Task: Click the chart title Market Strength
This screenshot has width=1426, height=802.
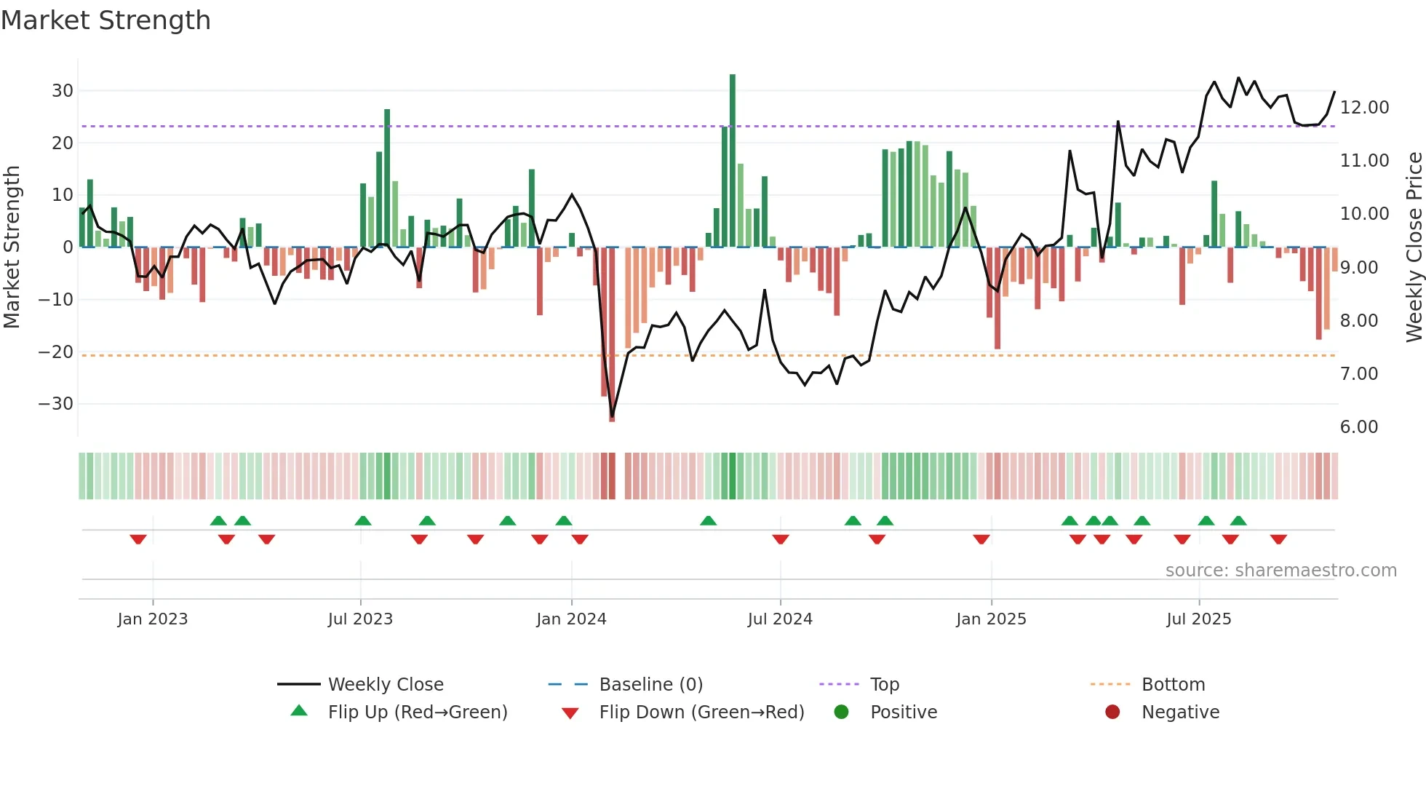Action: [105, 20]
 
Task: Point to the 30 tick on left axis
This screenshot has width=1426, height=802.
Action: [63, 91]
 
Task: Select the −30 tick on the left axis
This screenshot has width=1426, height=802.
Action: [56, 404]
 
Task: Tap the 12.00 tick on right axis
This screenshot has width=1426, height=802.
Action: [1364, 108]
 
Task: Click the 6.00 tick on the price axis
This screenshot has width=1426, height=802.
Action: [1358, 427]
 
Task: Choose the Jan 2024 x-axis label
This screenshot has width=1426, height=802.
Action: [571, 619]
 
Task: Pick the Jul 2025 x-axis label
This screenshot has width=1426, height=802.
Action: [1198, 619]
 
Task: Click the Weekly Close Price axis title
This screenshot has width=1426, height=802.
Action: [1414, 247]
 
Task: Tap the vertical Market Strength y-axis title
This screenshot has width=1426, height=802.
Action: [12, 247]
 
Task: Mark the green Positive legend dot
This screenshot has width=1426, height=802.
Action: [841, 712]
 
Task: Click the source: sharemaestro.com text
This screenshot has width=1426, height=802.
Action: [1280, 571]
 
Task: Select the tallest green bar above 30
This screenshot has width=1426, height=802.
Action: [733, 160]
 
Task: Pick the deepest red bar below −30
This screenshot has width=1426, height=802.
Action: [612, 335]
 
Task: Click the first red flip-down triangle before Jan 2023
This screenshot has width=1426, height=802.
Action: [138, 539]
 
